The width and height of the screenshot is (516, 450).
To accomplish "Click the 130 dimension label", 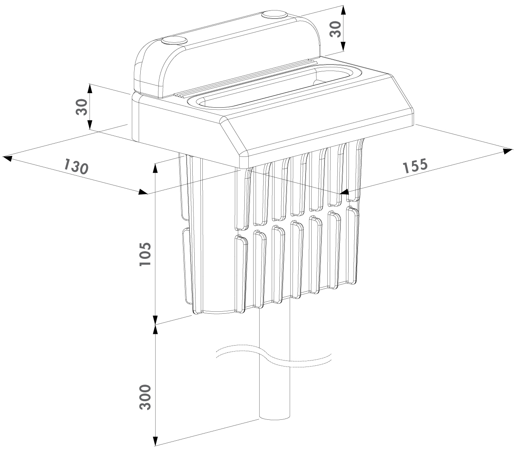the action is pos(76,166).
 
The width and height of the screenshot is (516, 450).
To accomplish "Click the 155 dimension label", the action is pos(415,166).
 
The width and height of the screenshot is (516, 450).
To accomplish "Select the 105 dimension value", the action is pos(145,254).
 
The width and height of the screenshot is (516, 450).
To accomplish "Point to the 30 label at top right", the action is pos(335,29).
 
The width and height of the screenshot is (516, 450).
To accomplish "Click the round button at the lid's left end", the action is pos(174,41).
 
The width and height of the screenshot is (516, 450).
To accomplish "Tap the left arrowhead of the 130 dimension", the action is pos(7,158).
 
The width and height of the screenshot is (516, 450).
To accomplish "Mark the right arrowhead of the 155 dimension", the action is pos(508,151).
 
